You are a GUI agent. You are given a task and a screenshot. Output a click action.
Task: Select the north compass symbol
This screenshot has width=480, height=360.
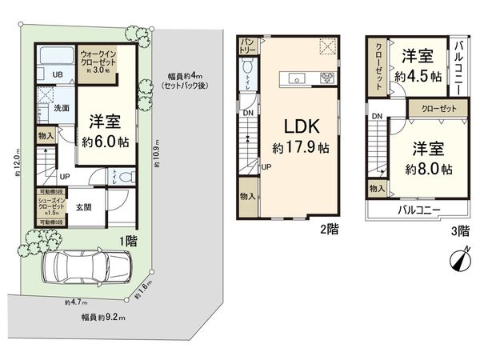459,259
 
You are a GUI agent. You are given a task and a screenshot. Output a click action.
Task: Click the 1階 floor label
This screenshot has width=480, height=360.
126,239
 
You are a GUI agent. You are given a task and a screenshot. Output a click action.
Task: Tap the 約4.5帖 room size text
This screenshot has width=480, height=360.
418,77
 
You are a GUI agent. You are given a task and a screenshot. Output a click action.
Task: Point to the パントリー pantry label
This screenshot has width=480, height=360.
246,46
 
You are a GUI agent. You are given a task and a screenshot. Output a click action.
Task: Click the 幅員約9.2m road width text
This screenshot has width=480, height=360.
103,317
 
